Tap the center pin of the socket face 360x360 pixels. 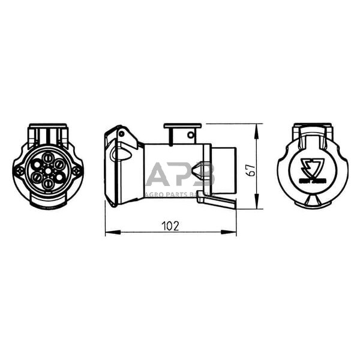(x=47, y=170)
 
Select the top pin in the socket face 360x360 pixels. (x=47, y=158)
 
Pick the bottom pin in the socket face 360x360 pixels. (x=47, y=182)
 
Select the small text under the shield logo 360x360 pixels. (x=312, y=179)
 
